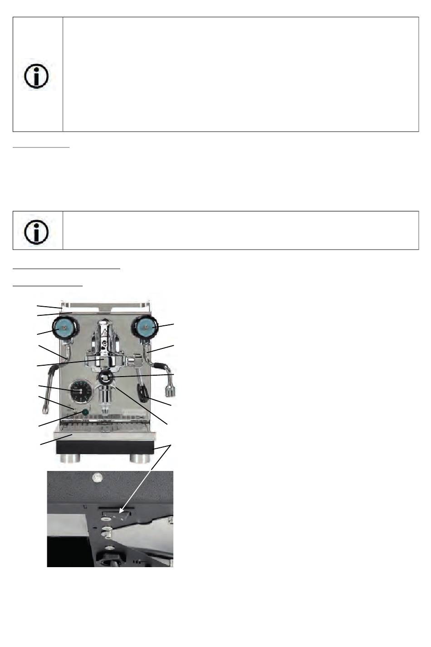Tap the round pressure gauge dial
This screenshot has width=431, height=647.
click(x=80, y=391)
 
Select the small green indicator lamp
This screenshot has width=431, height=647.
click(x=85, y=412)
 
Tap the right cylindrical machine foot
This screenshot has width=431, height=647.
click(x=141, y=458)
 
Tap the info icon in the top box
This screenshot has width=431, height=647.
click(x=36, y=75)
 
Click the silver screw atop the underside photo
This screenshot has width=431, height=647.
click(x=96, y=477)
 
